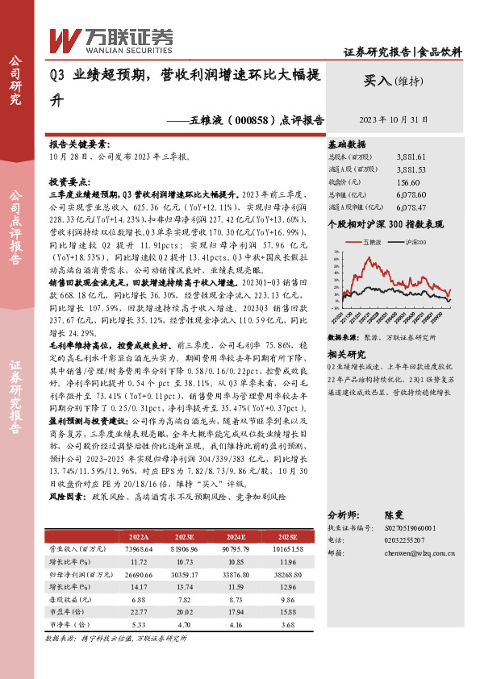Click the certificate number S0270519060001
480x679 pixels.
(407, 527)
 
